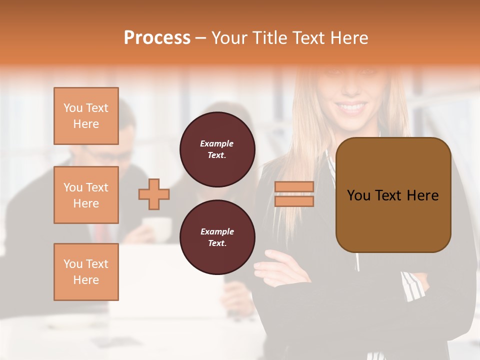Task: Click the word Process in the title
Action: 157,38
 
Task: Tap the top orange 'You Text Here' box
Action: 86,116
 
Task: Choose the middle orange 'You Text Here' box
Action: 86,195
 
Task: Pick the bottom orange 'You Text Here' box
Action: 86,272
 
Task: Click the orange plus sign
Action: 154,194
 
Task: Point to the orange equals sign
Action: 294,194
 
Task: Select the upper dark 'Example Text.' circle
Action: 217,149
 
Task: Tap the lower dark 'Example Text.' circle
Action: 217,237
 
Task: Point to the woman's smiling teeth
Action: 353,106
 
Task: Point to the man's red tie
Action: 102,233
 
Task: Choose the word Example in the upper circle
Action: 217,143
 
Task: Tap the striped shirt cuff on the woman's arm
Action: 412,285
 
